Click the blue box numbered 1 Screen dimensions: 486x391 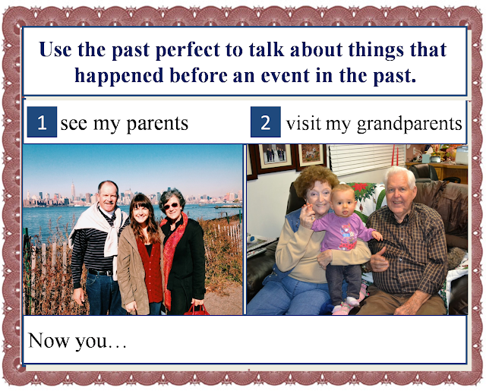42,121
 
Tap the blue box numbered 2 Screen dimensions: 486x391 266,121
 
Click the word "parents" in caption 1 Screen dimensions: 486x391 157,124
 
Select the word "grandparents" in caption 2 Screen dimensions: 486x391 409,124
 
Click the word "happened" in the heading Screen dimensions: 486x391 119,76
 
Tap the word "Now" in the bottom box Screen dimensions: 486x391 49,340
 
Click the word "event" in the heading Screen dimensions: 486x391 286,76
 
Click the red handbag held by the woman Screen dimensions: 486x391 197,310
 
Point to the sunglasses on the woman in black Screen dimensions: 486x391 170,206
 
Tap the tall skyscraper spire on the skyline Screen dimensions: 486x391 73,191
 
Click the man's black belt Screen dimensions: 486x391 100,273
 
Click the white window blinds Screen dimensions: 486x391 366,160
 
